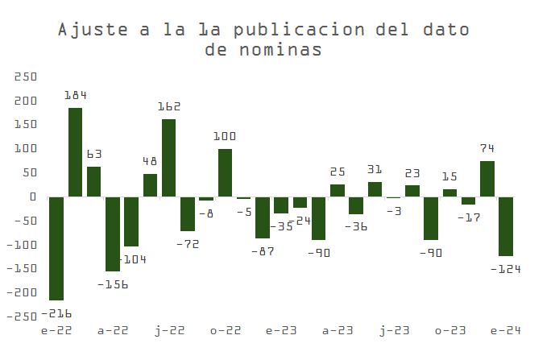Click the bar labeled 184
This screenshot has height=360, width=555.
point(75,152)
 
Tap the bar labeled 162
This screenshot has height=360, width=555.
point(169,158)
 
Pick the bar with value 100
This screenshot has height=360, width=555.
point(225,172)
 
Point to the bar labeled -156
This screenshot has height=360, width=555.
point(113,234)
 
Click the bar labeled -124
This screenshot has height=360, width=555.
point(506,226)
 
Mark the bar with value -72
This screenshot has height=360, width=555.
point(188,213)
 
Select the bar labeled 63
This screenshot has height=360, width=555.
point(94,181)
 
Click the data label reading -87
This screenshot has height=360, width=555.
point(263,251)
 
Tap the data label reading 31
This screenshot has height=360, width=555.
point(374,169)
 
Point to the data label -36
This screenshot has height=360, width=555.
point(355,227)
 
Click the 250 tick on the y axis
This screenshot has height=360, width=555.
point(25,77)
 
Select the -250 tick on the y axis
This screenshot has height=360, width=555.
point(22,316)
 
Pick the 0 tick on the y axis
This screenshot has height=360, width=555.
point(33,197)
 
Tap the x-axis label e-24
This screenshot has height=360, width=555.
point(506,330)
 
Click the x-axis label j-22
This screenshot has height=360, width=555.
point(169,330)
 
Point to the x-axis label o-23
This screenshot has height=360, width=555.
point(449,330)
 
